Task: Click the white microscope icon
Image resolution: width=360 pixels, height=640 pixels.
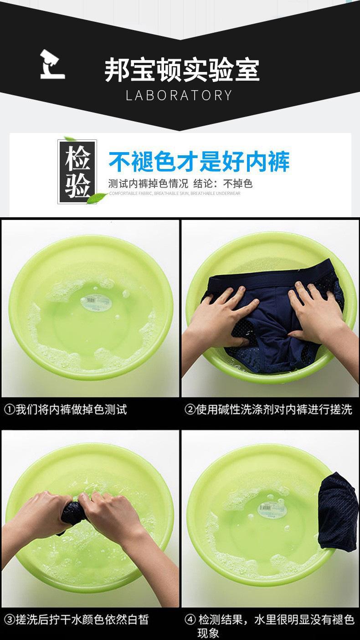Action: tap(52, 65)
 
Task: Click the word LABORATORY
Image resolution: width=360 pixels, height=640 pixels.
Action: tap(179, 95)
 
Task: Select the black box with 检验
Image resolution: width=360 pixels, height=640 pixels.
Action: tap(77, 171)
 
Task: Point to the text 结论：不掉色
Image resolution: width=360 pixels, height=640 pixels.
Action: tap(223, 184)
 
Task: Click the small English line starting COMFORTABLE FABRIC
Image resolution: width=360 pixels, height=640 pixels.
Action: tap(175, 194)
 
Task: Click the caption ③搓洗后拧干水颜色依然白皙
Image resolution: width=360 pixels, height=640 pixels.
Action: tap(77, 620)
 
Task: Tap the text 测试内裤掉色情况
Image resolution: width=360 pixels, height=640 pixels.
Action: tap(148, 184)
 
